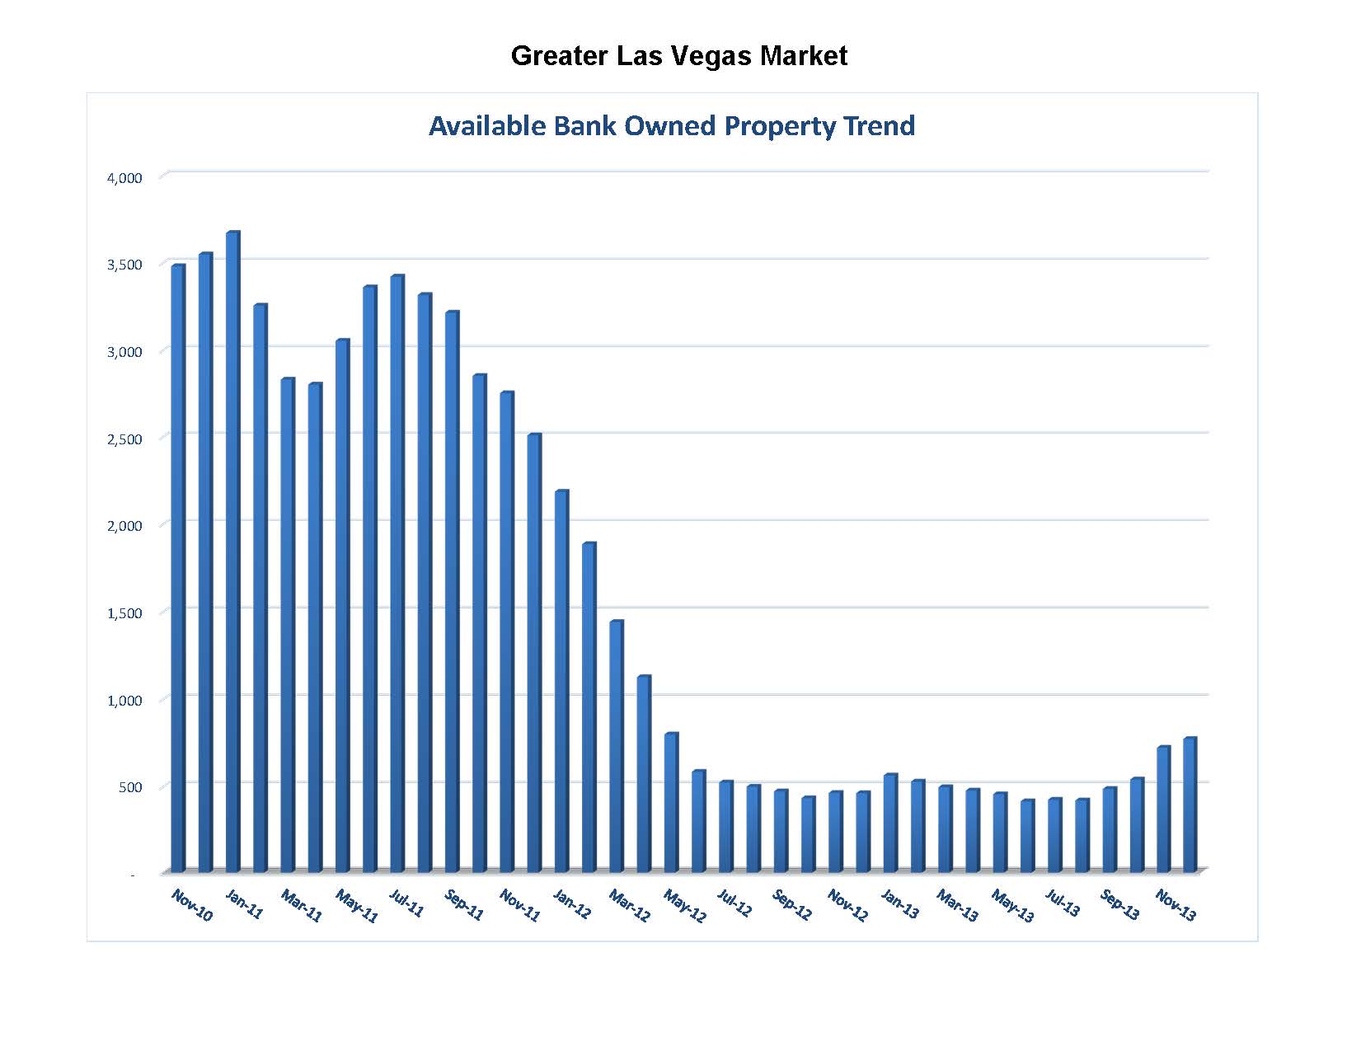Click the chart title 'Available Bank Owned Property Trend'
(671, 126)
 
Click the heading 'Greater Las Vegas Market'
(678, 56)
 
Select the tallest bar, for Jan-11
(232, 552)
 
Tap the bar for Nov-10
(177, 569)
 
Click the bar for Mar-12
(616, 746)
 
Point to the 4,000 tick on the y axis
(125, 178)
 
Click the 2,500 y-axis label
(125, 439)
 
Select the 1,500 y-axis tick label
(125, 613)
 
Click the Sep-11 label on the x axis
(464, 905)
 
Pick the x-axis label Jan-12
(572, 905)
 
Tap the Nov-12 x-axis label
(847, 905)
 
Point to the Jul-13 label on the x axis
(1063, 903)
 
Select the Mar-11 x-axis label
(301, 905)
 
